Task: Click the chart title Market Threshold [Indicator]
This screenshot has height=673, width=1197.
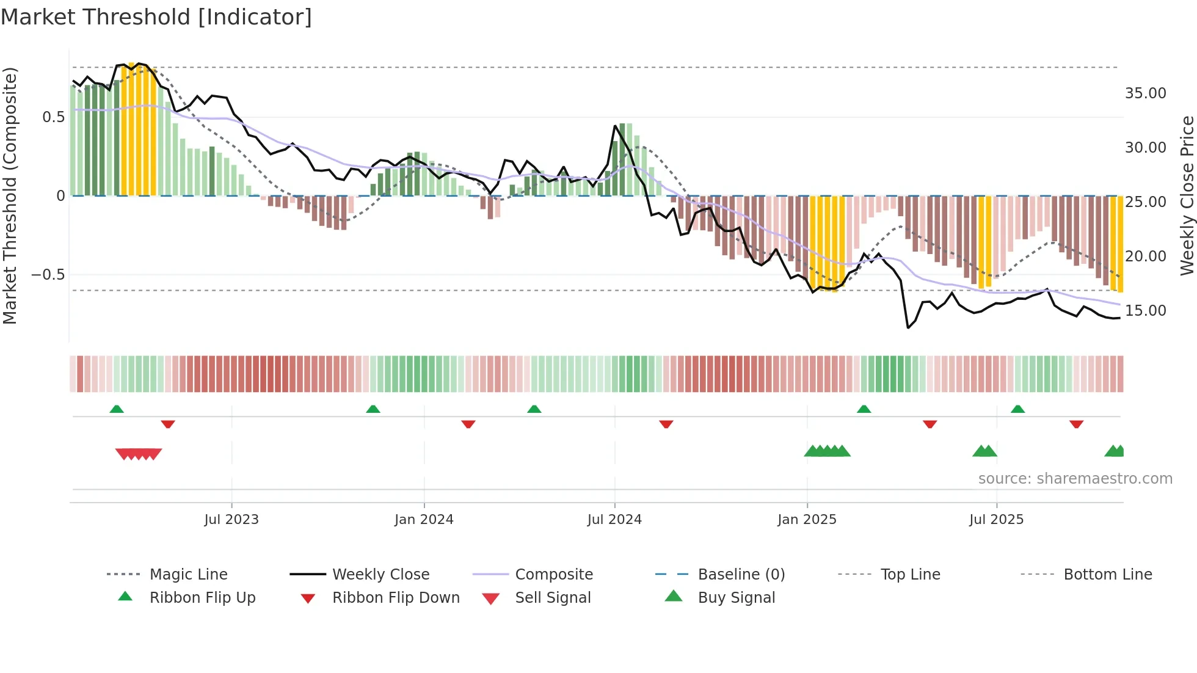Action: tap(156, 17)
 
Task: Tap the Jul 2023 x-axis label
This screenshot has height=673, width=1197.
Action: tap(231, 520)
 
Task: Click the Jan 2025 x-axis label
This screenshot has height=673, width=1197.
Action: tap(807, 520)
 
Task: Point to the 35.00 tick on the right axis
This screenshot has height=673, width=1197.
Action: tap(1145, 93)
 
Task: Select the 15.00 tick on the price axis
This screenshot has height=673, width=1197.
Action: tap(1145, 311)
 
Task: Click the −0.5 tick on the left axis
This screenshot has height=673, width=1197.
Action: tap(48, 275)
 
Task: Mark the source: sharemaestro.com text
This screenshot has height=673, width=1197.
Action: tap(1075, 479)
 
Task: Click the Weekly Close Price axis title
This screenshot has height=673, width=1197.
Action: tap(1187, 195)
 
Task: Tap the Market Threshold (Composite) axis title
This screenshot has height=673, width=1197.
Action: tap(10, 195)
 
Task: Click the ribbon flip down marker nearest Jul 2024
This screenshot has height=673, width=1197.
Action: tap(666, 424)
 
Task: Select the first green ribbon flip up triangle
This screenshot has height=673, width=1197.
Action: tap(117, 409)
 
